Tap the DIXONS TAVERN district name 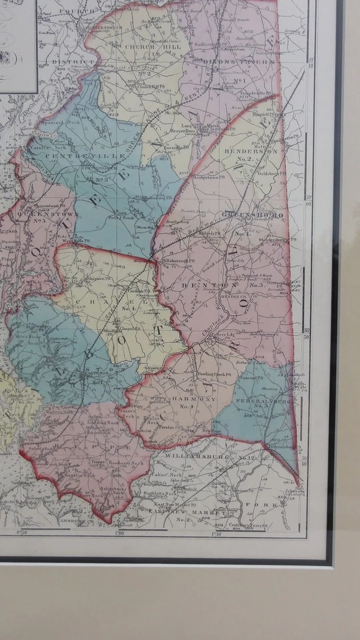coord(246,62)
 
